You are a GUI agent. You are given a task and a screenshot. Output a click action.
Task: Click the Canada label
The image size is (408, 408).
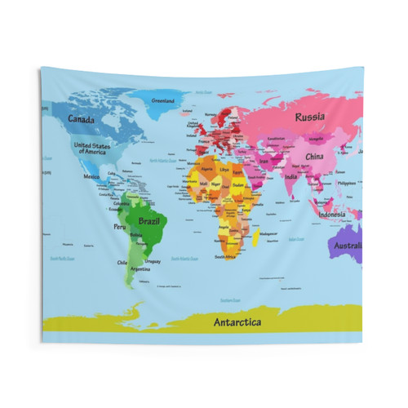pos(81,119)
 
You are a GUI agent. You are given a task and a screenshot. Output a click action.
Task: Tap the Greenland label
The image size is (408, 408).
pos(163,100)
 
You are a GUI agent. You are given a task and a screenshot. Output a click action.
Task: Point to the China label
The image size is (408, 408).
pos(314,156)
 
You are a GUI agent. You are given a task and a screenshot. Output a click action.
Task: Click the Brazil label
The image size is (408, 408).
pos(149,220)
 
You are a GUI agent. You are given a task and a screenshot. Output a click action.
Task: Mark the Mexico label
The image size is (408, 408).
pos(91,176)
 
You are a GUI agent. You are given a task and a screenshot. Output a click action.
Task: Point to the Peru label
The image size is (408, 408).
pos(120,227)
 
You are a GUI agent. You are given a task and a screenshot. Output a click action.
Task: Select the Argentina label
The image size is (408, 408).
pos(140,268)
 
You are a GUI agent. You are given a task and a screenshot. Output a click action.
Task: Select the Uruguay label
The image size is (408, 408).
pos(153,261)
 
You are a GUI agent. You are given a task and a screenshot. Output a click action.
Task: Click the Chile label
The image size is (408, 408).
pos(122,262)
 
